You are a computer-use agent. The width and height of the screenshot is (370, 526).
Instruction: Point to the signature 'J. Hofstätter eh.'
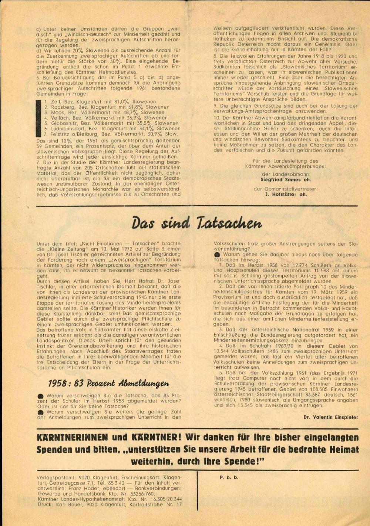coord(286,194)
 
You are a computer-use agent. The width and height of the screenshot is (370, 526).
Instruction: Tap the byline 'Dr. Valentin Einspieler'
coord(331,417)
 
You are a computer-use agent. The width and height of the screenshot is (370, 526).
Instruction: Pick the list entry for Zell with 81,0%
coord(100,101)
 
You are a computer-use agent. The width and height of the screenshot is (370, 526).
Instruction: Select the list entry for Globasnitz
coord(111,123)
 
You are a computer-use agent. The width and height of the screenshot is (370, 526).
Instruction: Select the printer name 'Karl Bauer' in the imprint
coord(69,504)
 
